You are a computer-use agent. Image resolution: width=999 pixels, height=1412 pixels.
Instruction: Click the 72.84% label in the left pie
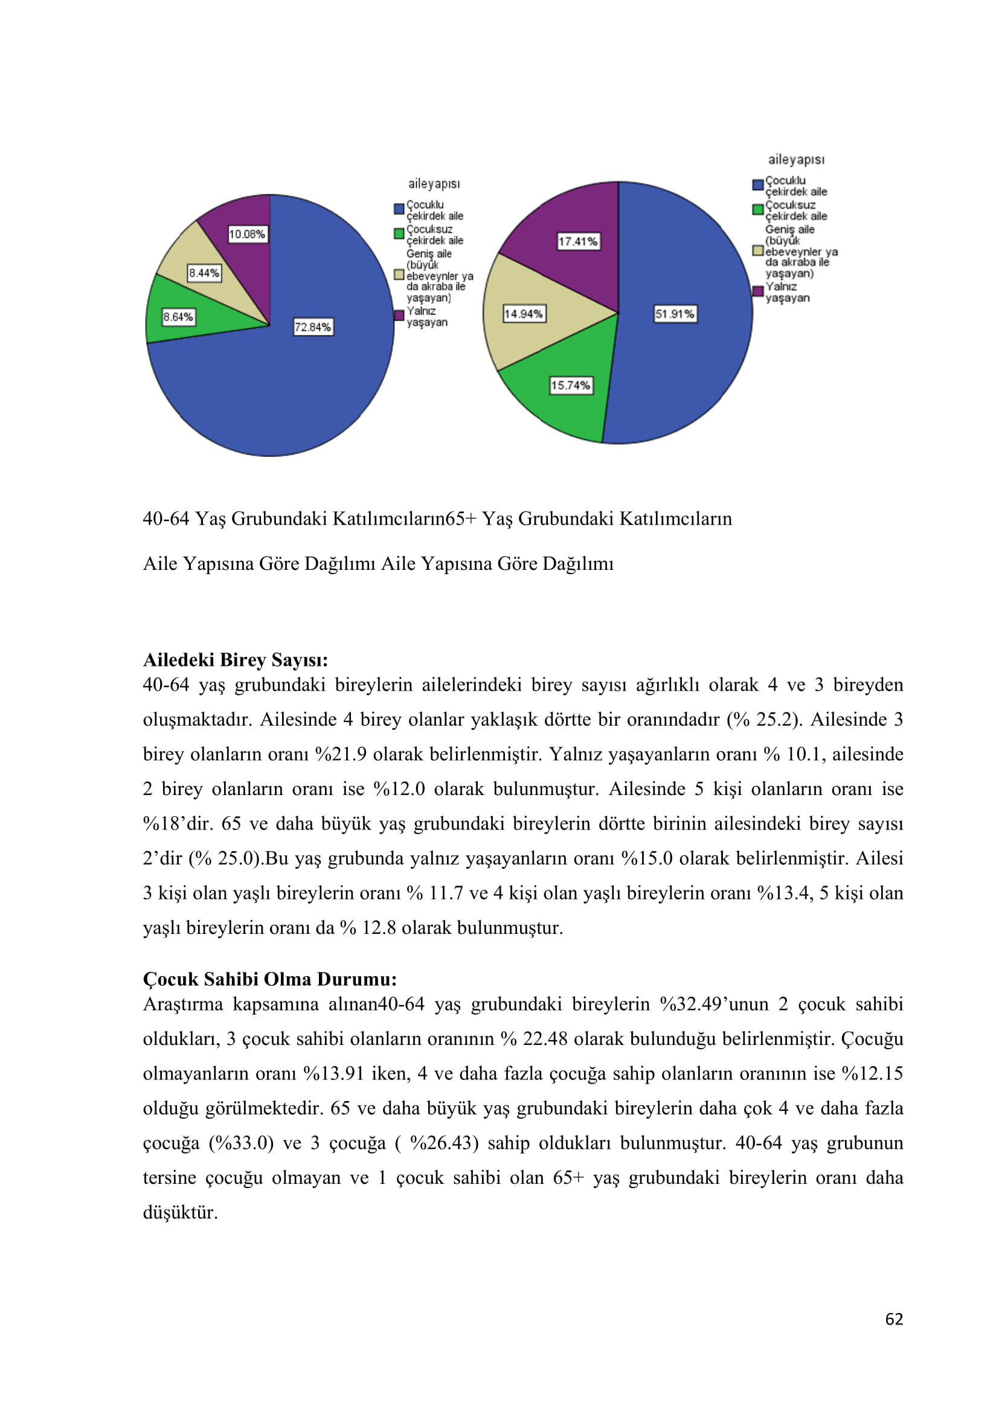coord(312,327)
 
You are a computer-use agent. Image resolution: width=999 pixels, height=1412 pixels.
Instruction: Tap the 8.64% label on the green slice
coord(178,318)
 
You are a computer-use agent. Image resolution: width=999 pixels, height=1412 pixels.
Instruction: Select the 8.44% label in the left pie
coord(204,273)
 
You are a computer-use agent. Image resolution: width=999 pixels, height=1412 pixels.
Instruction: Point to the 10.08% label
coord(247,234)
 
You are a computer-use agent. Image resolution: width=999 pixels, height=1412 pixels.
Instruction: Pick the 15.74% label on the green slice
coord(570,386)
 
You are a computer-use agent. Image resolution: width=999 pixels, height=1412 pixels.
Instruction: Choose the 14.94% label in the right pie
coord(524,315)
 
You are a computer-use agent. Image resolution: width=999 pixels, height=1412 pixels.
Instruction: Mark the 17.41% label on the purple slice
coord(577,241)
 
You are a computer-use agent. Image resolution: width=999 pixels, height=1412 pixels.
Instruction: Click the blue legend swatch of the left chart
coord(399,209)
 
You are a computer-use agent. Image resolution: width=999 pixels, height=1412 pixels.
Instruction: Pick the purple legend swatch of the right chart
coord(758,291)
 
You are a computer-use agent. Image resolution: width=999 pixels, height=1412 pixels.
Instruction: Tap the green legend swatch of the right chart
coord(758,209)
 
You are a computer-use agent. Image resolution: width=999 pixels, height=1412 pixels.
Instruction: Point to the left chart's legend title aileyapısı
coord(434,184)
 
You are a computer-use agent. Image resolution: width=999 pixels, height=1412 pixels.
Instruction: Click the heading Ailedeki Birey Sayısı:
coord(235,660)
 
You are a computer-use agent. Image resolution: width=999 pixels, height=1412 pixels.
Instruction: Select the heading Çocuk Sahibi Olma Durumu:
coord(269,979)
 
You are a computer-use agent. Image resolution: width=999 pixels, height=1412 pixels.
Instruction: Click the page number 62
coord(894,1319)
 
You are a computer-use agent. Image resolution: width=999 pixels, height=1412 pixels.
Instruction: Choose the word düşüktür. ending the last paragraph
coord(180,1213)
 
